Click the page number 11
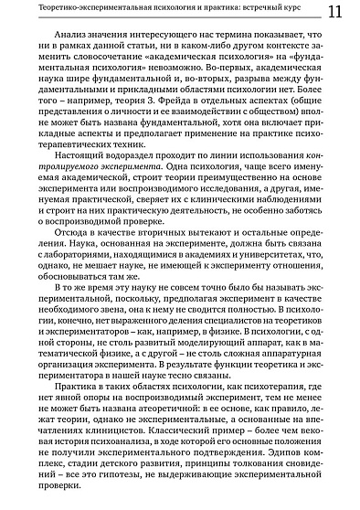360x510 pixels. pyautogui.click(x=334, y=11)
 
